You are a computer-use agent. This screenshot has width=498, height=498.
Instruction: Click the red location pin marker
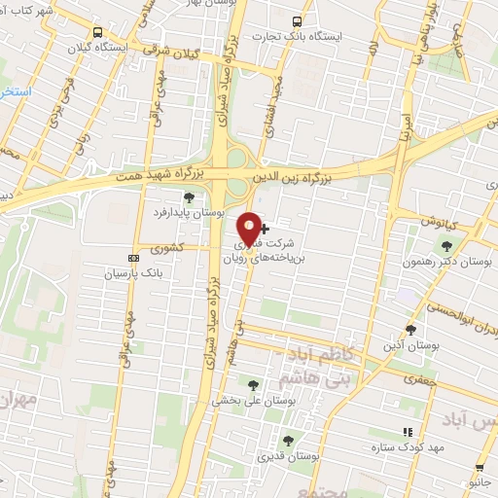pyautogui.click(x=250, y=228)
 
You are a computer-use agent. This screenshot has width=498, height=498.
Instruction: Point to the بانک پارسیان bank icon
pyautogui.click(x=134, y=257)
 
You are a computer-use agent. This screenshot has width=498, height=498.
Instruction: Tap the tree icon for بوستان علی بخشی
pyautogui.click(x=254, y=385)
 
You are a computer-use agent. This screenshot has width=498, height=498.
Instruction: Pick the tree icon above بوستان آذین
pyautogui.click(x=410, y=329)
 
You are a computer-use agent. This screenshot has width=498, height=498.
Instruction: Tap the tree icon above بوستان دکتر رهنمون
pyautogui.click(x=446, y=246)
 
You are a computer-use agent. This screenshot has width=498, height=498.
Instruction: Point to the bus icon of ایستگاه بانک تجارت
pyautogui.click(x=298, y=19)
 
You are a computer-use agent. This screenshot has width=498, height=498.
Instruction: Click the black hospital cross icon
pyautogui.click(x=265, y=228)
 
